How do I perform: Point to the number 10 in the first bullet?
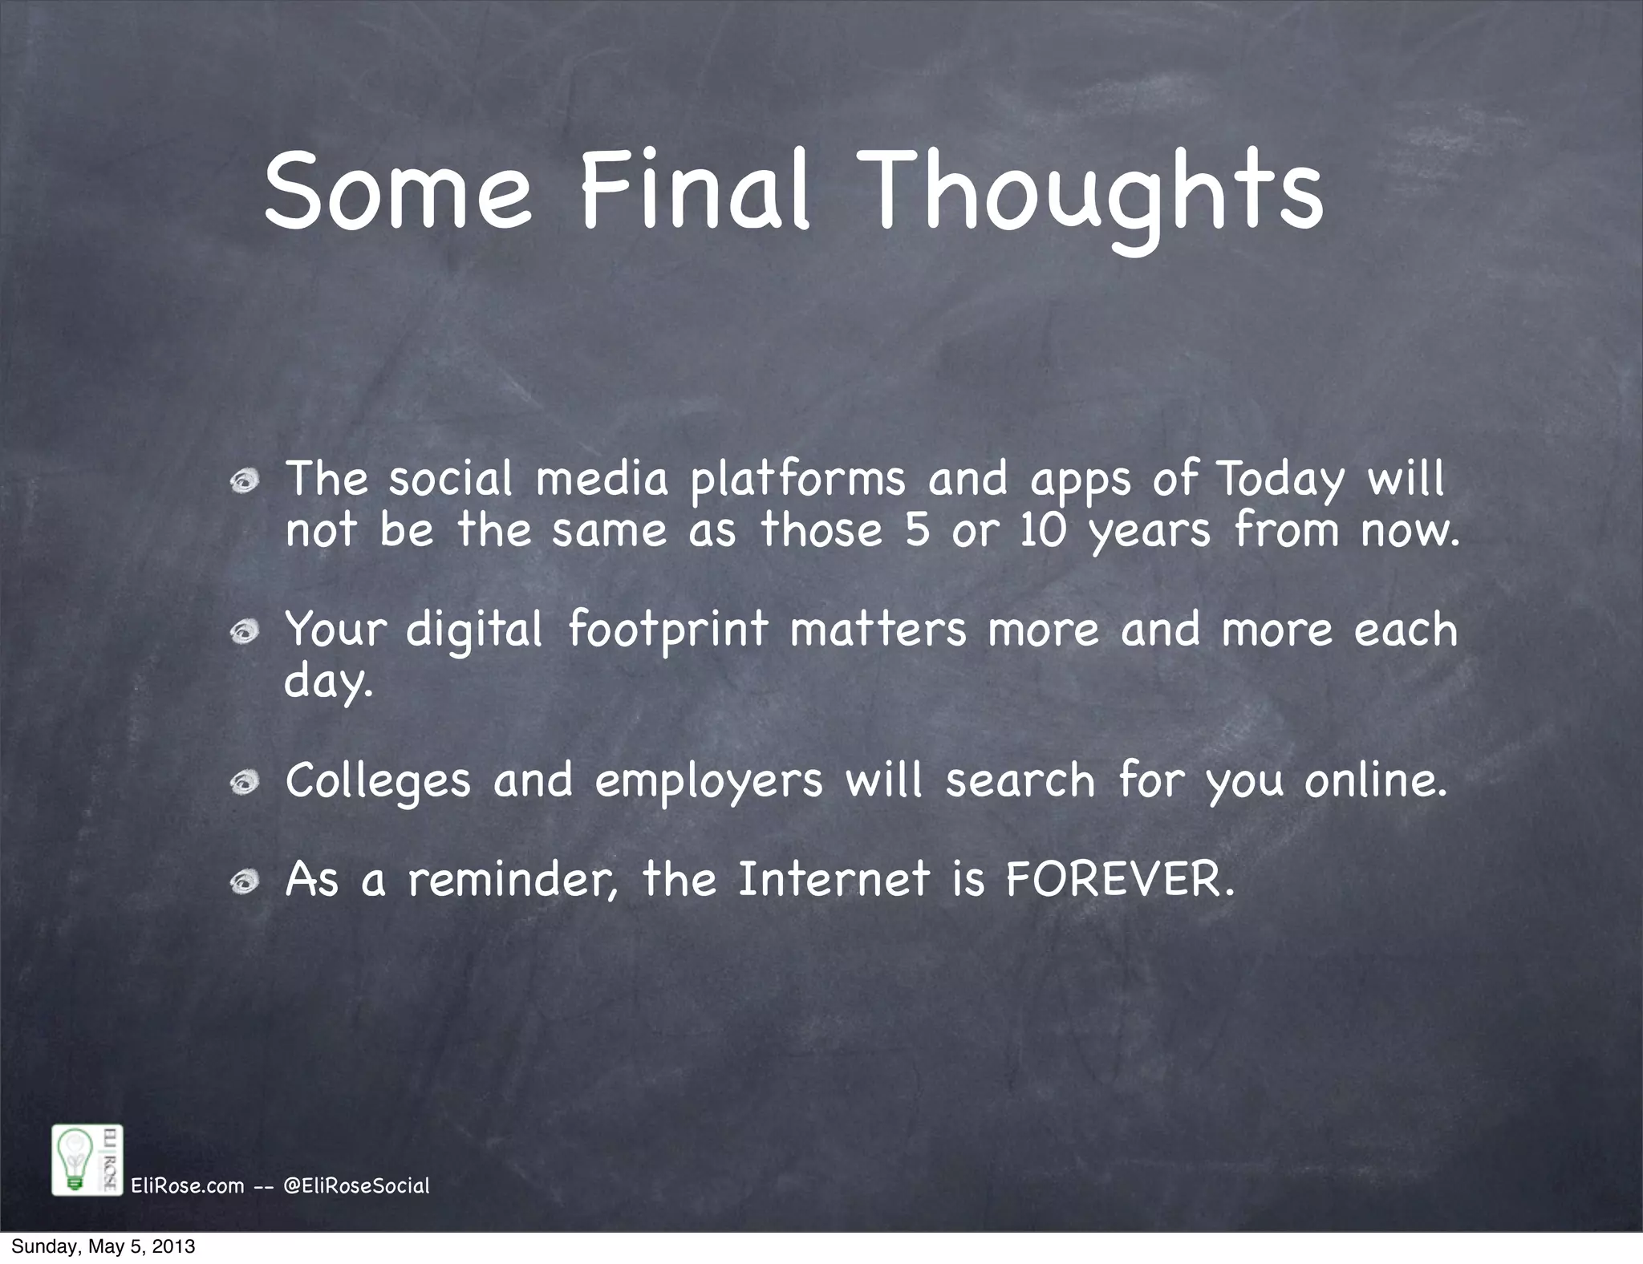click(1043, 531)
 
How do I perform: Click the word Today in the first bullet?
click(1280, 480)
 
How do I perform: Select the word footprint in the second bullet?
click(668, 630)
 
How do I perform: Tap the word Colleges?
click(378, 780)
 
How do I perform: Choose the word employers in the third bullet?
click(708, 780)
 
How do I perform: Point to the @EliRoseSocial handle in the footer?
click(357, 1185)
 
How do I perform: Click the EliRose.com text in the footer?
click(187, 1185)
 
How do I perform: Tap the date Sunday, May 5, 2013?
click(103, 1247)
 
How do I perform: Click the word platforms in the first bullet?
click(797, 480)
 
